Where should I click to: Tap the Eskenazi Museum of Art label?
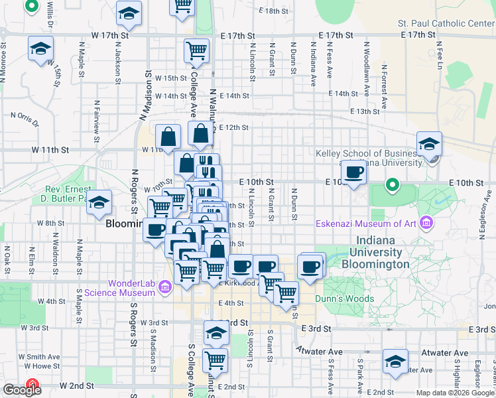[x=366, y=223]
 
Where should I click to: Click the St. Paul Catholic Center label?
[x=446, y=23]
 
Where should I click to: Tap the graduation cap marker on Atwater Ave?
[x=395, y=362]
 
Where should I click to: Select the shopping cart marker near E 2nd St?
[x=215, y=360]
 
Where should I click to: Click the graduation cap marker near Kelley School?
[x=429, y=144]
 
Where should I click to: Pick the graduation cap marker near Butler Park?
[x=100, y=203]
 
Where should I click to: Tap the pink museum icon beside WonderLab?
[x=166, y=287]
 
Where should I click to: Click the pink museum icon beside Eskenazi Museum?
[x=426, y=223]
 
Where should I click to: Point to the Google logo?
[x=22, y=390]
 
